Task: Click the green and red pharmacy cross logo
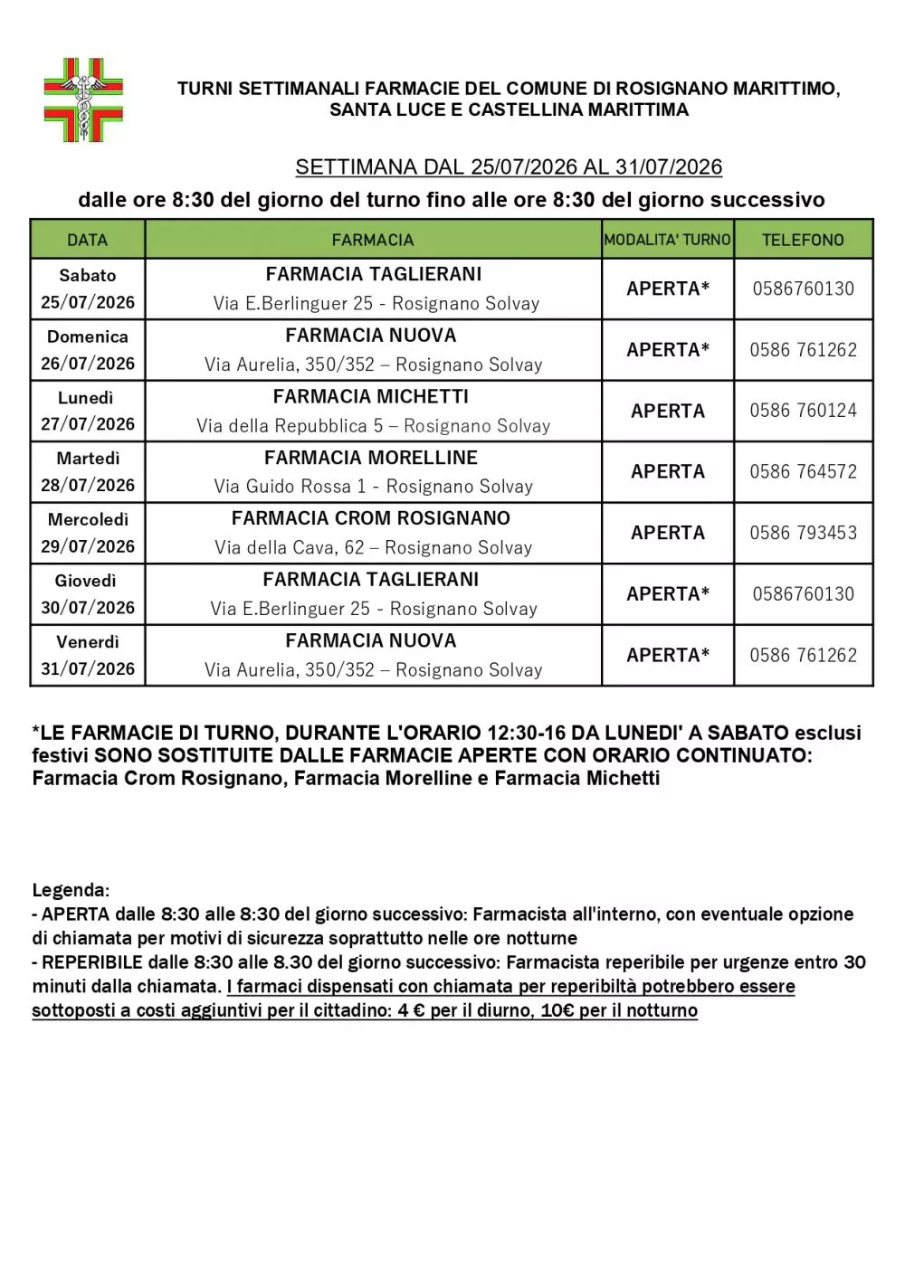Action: [x=83, y=99]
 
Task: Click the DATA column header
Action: [x=88, y=240]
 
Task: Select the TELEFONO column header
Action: [x=803, y=240]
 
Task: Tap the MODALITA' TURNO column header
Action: [x=667, y=240]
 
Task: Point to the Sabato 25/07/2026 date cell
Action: [x=88, y=289]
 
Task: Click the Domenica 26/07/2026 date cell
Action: [x=88, y=350]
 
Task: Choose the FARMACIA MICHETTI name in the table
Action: [x=371, y=397]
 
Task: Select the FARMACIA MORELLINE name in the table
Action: [x=371, y=458]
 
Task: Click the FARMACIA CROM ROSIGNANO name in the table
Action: [x=371, y=518]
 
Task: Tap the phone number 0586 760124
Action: [x=803, y=411]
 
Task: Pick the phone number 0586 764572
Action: [x=803, y=471]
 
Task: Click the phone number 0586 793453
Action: [x=803, y=533]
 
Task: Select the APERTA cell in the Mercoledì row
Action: [x=668, y=533]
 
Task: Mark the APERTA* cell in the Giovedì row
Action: [x=668, y=594]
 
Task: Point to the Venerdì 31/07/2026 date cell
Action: [x=88, y=655]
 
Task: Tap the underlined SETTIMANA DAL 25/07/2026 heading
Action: [x=509, y=167]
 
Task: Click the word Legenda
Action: [x=71, y=890]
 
